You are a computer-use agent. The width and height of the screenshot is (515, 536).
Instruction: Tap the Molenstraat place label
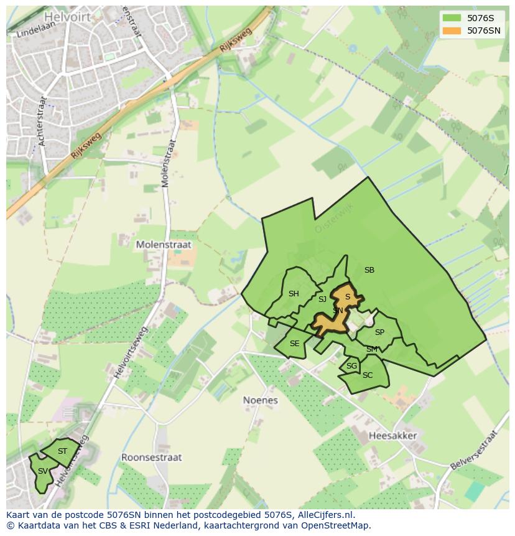point(164,245)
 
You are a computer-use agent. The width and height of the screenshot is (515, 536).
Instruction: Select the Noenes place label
point(260,400)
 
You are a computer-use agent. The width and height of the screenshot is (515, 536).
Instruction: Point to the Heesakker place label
point(392,436)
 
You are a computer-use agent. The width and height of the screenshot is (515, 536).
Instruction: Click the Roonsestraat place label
point(151,457)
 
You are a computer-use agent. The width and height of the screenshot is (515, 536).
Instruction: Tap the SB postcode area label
point(369,270)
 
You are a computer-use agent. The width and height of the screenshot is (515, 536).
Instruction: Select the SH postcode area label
point(294,294)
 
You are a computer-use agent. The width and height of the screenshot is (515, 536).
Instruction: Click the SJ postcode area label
point(322,299)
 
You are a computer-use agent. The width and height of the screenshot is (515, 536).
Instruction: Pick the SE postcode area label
point(294,344)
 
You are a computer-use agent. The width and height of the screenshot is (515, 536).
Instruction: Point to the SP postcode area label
point(379,332)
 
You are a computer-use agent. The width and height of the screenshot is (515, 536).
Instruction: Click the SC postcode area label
point(367,375)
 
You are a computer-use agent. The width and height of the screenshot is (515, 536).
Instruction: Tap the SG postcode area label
point(351,366)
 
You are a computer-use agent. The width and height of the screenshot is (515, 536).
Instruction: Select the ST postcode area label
point(62,451)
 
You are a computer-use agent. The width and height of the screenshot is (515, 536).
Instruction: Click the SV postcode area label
point(42,471)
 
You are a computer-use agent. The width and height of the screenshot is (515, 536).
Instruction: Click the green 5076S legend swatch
point(452,18)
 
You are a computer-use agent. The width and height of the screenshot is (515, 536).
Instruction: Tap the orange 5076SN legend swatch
point(452,31)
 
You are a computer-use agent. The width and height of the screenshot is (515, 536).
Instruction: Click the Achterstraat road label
point(42,121)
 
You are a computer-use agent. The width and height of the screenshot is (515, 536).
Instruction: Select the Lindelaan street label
point(32,31)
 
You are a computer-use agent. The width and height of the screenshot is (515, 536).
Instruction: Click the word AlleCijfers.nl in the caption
point(325,515)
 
